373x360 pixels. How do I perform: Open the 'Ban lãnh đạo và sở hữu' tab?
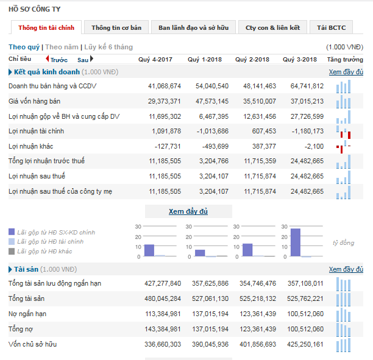[193, 27]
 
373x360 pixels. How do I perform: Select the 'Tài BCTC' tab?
[331, 27]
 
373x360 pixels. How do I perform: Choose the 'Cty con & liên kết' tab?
[272, 27]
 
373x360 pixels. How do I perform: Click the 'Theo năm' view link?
[62, 47]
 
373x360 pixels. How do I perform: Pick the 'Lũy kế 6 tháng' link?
[108, 47]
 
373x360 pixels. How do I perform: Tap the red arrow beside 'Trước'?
[48, 59]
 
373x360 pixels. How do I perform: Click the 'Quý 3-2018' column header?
[300, 59]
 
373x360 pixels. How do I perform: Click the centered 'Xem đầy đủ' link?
[188, 211]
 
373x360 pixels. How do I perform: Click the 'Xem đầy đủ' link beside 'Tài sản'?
[346, 269]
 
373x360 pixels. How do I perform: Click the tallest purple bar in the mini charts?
[296, 242]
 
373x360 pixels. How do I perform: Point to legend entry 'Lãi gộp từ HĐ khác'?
[44, 251]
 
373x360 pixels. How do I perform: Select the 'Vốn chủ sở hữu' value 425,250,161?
[303, 344]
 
